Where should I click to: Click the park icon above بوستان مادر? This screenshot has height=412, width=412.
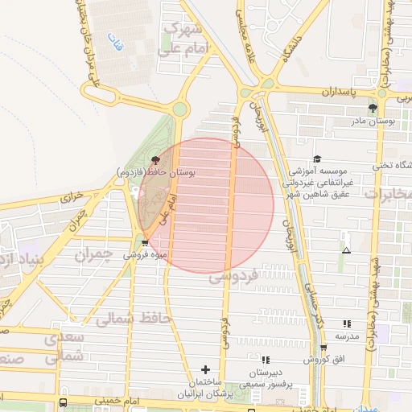pyautogui.click(x=372, y=107)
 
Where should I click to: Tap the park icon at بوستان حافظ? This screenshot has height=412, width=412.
pyautogui.click(x=155, y=160)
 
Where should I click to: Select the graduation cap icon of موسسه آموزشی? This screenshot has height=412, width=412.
pyautogui.click(x=316, y=159)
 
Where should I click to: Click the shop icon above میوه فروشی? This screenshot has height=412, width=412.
pyautogui.click(x=145, y=242)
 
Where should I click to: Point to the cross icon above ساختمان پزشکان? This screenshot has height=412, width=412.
pyautogui.click(x=206, y=369)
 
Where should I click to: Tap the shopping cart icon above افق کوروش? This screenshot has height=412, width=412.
pyautogui.click(x=323, y=348)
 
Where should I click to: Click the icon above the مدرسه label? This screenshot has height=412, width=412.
pyautogui.click(x=346, y=323)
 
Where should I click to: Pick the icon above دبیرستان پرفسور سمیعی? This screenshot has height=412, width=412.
pyautogui.click(x=265, y=360)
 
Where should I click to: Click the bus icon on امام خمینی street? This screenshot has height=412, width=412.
pyautogui.click(x=63, y=402)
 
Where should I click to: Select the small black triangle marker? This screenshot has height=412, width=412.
pyautogui.click(x=346, y=251)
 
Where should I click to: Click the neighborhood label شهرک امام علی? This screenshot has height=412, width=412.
pyautogui.click(x=187, y=39)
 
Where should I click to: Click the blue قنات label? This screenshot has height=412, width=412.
pyautogui.click(x=115, y=47)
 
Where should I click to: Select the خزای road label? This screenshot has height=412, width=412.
pyautogui.click(x=72, y=198)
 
